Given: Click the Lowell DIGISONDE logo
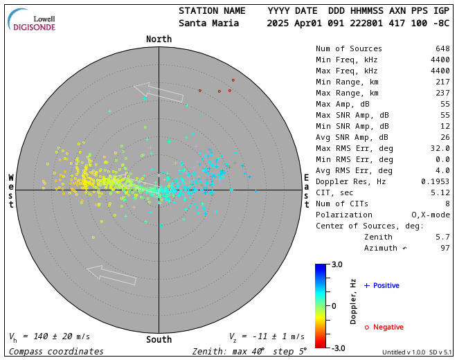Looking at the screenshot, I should tap(35, 20).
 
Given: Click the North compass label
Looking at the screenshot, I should tap(159, 39).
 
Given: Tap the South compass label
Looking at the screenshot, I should tap(159, 339).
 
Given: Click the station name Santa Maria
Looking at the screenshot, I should tap(208, 23).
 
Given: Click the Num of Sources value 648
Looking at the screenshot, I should tap(442, 48).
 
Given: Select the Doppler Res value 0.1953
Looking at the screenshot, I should tap(436, 181).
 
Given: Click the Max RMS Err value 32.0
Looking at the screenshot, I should tap(440, 148).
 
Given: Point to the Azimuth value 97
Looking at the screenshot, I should tap(445, 248).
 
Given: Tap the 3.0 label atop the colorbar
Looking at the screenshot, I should tap(337, 264).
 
